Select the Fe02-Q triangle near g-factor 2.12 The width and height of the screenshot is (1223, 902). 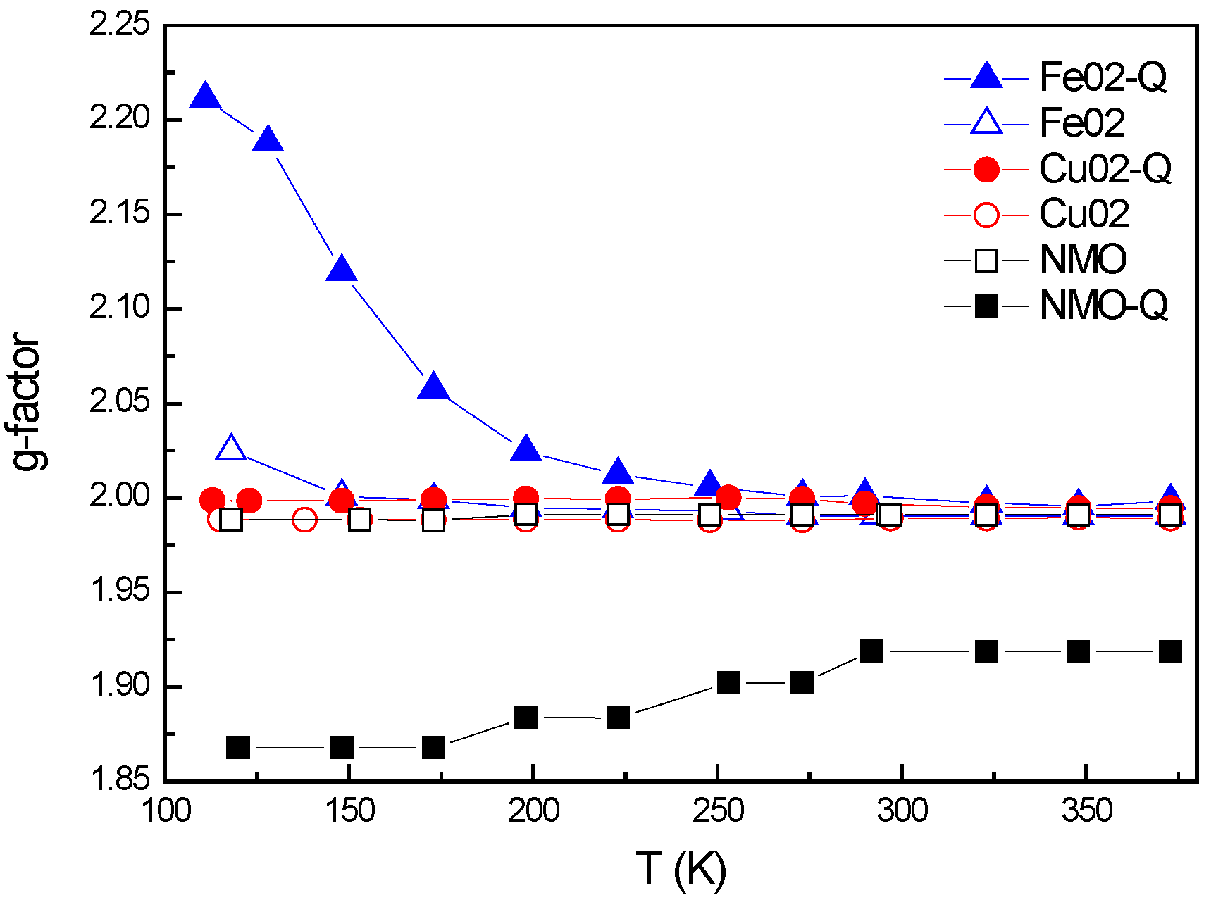(x=342, y=270)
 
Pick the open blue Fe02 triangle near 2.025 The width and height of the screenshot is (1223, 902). (x=231, y=449)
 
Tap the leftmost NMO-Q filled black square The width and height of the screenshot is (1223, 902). (x=238, y=747)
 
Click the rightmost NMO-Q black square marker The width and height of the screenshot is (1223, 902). (x=1170, y=652)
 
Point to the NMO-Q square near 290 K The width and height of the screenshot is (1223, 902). (x=871, y=651)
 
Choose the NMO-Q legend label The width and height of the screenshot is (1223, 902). (x=1103, y=306)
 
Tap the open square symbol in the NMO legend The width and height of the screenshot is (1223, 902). (x=986, y=261)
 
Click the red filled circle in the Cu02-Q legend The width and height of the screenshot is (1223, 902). (x=986, y=169)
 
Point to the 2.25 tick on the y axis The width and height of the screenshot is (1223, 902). (x=120, y=25)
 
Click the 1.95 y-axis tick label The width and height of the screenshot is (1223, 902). (x=120, y=591)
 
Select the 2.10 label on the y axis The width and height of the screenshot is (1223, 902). (x=120, y=308)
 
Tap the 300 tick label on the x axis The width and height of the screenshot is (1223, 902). (x=902, y=810)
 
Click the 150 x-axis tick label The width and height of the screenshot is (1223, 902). (x=350, y=810)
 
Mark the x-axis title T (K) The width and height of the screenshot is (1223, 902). (x=681, y=868)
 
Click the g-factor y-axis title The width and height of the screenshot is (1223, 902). (x=27, y=401)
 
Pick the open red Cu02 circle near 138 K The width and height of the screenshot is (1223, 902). (x=304, y=520)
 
